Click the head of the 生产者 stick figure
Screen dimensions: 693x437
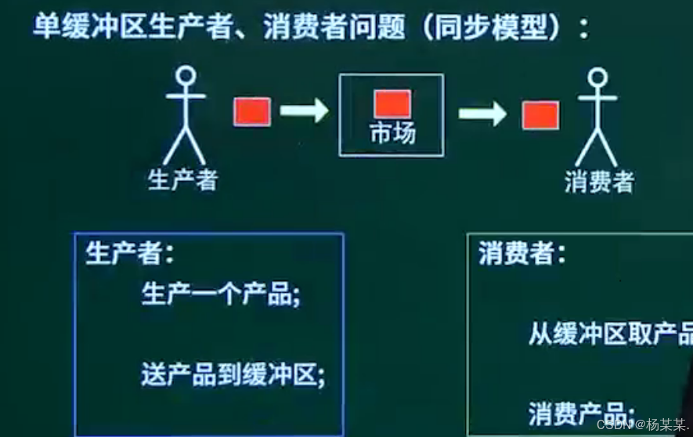pyautogui.click(x=186, y=76)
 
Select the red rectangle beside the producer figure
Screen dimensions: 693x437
pyautogui.click(x=252, y=112)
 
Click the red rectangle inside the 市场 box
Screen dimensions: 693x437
pyautogui.click(x=392, y=103)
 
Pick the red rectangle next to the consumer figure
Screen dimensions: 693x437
pyautogui.click(x=540, y=114)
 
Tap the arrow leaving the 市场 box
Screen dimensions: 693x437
pyautogui.click(x=482, y=114)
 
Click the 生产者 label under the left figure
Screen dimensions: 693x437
pyautogui.click(x=182, y=180)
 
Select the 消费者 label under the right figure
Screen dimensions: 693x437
pyautogui.click(x=599, y=182)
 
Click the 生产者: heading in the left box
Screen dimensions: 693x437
pyautogui.click(x=130, y=254)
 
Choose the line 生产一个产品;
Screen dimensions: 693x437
pyautogui.click(x=221, y=296)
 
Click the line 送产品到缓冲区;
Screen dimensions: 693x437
pyautogui.click(x=233, y=374)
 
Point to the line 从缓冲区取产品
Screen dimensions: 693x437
pyautogui.click(x=610, y=335)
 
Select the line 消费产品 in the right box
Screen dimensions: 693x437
pyautogui.click(x=580, y=411)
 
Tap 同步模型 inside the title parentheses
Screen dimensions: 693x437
pyautogui.click(x=495, y=30)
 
